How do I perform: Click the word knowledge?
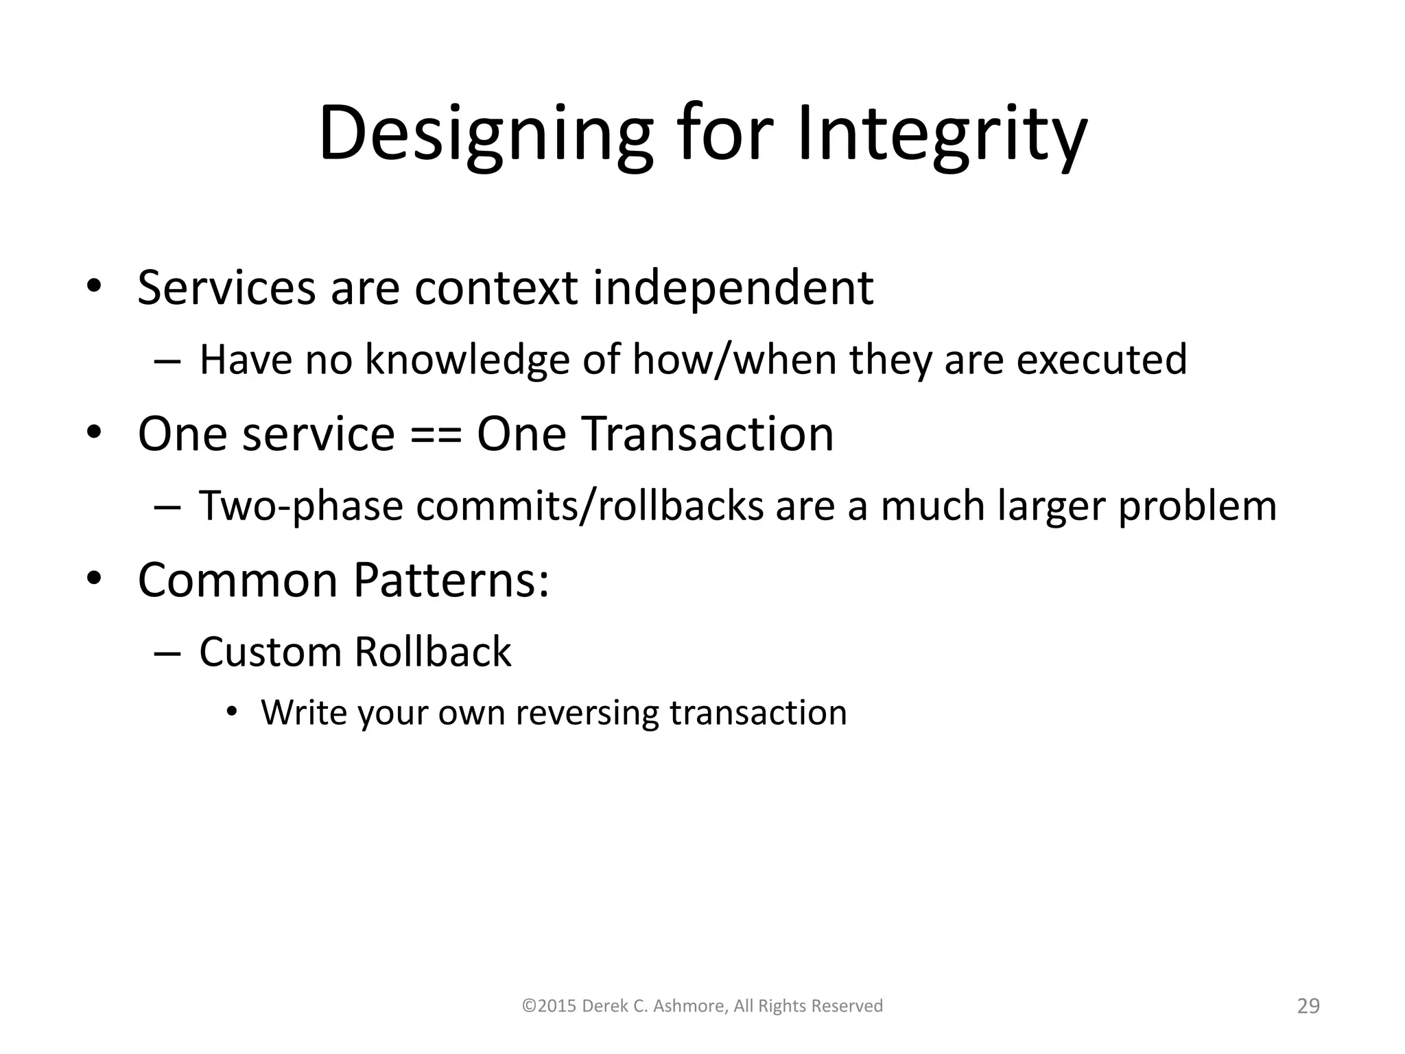click(x=467, y=360)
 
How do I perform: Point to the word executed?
click(x=1101, y=360)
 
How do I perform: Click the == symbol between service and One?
click(x=436, y=435)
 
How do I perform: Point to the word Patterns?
click(x=451, y=581)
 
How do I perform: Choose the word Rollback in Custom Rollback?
click(x=433, y=652)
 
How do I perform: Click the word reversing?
click(x=587, y=713)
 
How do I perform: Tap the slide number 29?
click(x=1308, y=1006)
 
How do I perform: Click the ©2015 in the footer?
click(x=549, y=1006)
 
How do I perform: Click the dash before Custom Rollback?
click(x=167, y=653)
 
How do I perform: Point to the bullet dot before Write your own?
click(x=232, y=712)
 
